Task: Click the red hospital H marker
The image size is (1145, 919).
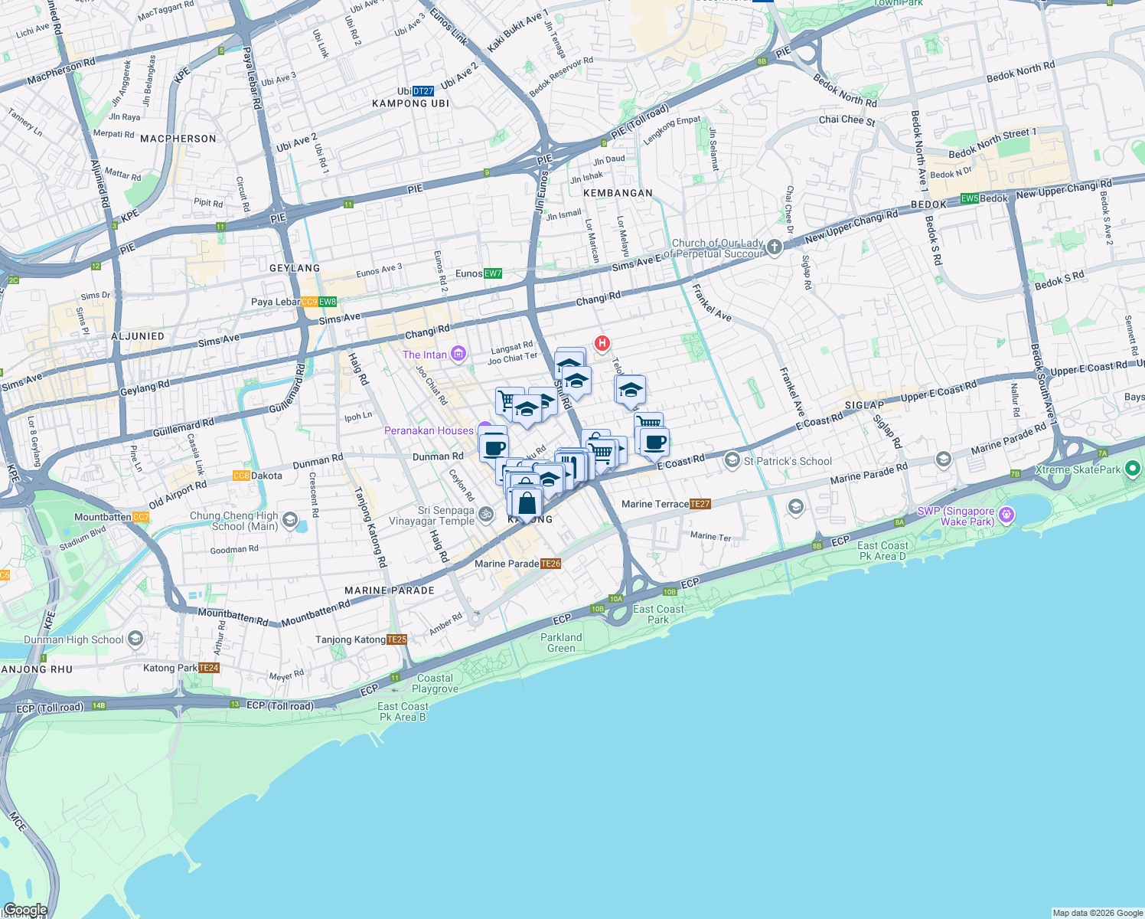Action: click(x=602, y=343)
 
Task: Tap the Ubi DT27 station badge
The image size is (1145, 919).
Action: click(x=423, y=91)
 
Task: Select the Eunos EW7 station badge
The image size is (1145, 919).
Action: click(x=493, y=273)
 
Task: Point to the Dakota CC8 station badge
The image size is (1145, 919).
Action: click(x=242, y=476)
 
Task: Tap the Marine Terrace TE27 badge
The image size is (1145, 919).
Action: click(x=700, y=504)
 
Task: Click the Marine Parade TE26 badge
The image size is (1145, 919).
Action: click(x=550, y=564)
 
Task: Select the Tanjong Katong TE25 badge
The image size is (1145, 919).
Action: click(x=396, y=639)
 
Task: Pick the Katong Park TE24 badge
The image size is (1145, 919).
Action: click(x=209, y=668)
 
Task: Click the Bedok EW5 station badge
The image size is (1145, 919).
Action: click(x=970, y=198)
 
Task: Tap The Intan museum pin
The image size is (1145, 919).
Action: click(x=458, y=354)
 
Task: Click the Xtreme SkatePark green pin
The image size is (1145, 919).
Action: click(x=1134, y=469)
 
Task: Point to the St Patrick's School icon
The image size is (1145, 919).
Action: click(x=732, y=460)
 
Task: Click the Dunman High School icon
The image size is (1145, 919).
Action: click(x=135, y=639)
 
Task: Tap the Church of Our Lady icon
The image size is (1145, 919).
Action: click(x=775, y=247)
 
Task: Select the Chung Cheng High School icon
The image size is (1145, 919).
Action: click(x=289, y=521)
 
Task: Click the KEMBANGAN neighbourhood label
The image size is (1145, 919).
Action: click(x=618, y=193)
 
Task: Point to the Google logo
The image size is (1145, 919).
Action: click(x=24, y=910)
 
